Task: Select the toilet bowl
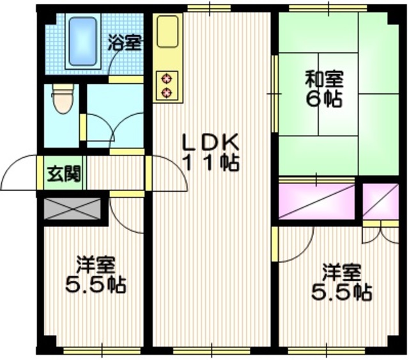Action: pos(62,100)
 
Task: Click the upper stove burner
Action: pos(168,79)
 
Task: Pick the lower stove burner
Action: pos(168,93)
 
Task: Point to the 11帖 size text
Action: pos(211,162)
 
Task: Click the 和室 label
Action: pos(324,81)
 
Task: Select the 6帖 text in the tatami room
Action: pos(324,100)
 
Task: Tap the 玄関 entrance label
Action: pos(63,173)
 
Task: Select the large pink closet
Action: pos(317,201)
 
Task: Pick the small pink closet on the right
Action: pos(380,201)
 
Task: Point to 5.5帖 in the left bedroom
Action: pos(96,284)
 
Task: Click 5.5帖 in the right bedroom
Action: pos(341,292)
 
